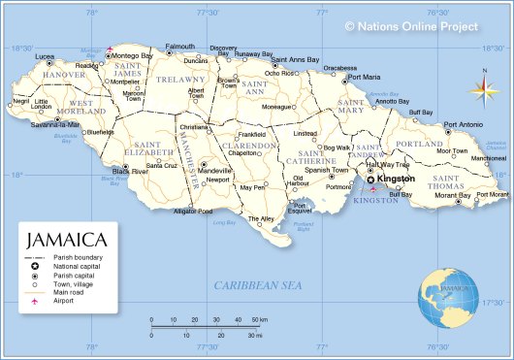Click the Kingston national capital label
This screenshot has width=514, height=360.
click(396, 179)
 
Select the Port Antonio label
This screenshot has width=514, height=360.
click(463, 124)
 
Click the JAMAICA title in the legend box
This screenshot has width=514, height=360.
click(66, 239)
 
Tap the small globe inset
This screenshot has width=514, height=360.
click(450, 294)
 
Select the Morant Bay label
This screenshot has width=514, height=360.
click(452, 195)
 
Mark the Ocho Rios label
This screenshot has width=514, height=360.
click(280, 73)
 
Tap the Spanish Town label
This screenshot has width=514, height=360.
click(326, 170)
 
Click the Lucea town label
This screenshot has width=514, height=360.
click(45, 57)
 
